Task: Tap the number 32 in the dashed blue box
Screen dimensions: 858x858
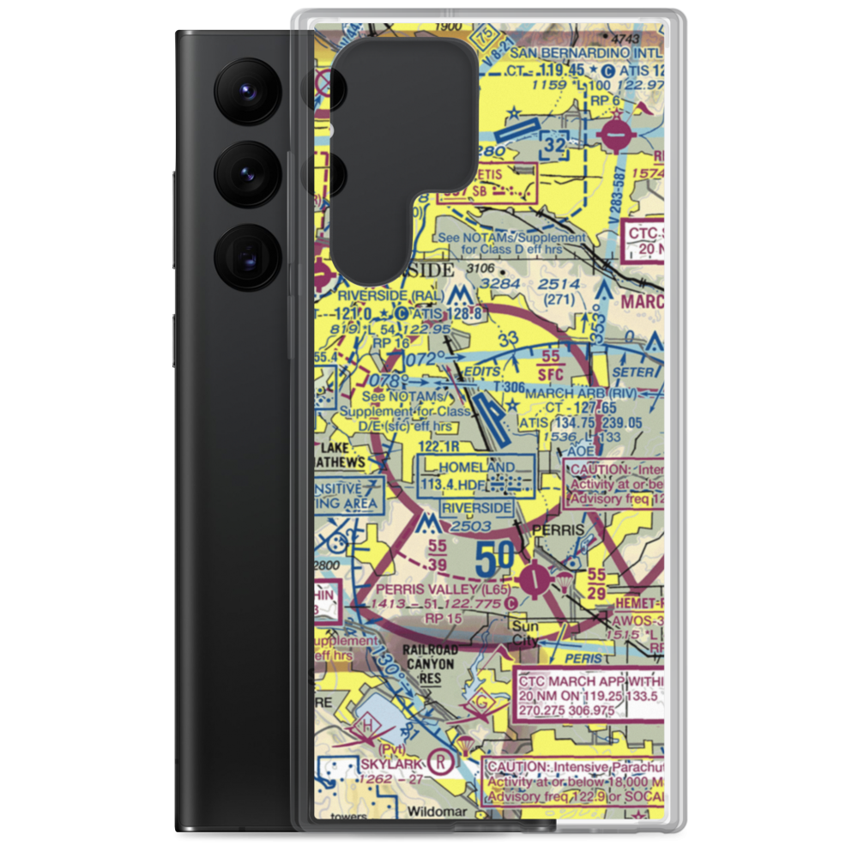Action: click(x=555, y=147)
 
